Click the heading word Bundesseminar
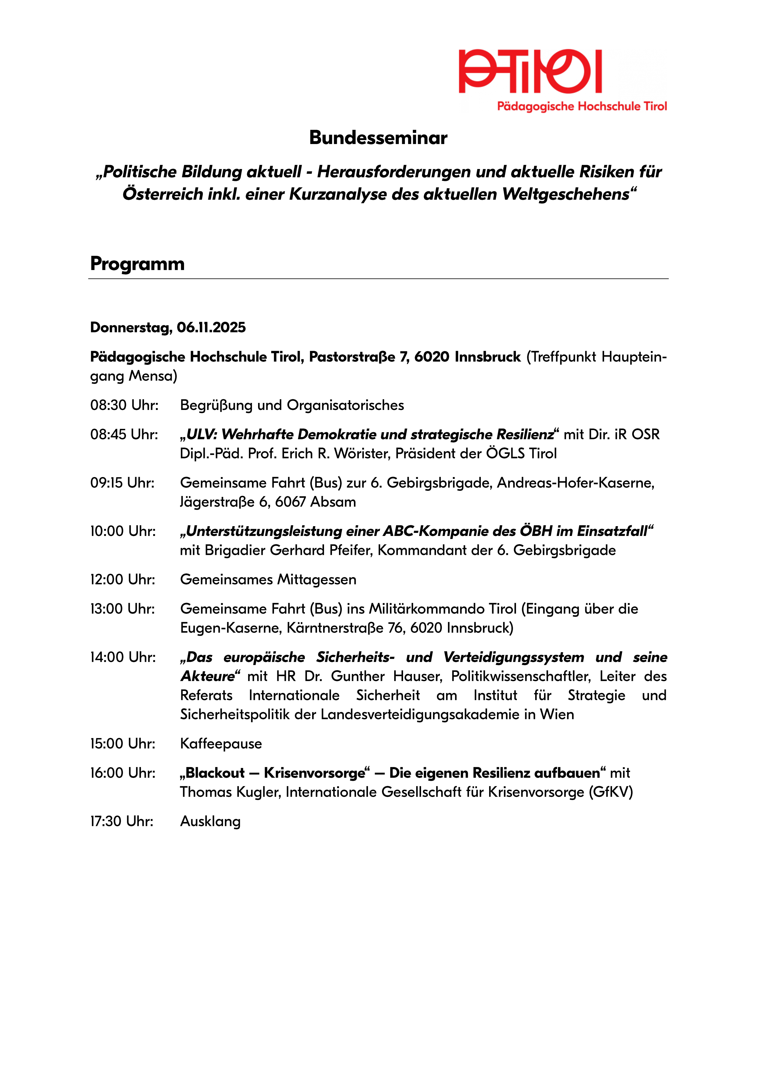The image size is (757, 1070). pos(378,138)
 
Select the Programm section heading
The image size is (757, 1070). pos(138,264)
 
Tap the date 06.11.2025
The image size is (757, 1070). pos(211,328)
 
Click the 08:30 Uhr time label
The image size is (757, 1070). pos(124,405)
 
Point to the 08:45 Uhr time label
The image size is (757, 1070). pos(124,434)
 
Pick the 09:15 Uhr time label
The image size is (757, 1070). pos(122,483)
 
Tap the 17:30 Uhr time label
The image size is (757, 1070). pos(122,821)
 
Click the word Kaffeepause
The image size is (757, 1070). pos(221,744)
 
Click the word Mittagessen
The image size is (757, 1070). pos(317,580)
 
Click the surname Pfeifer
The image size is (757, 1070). pos(351,550)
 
